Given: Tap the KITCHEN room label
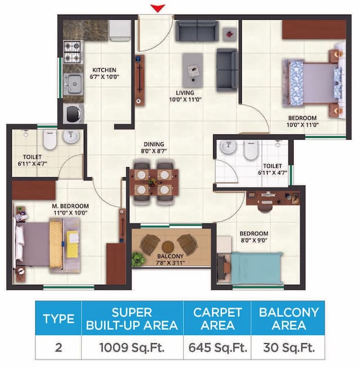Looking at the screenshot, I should point(104,70).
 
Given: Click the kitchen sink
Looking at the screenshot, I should point(73,85).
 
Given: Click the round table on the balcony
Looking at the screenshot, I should point(168,246).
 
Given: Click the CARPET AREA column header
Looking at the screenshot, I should point(217,318).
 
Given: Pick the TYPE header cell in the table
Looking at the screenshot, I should point(58,318).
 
